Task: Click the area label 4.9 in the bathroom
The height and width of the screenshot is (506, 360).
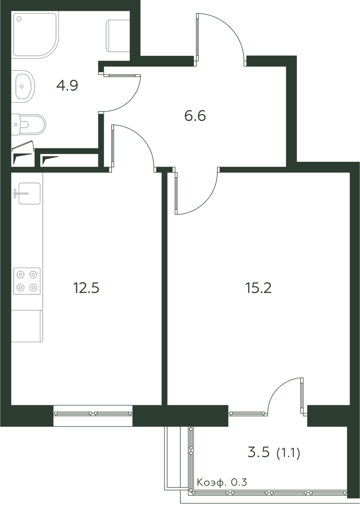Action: [x=67, y=85]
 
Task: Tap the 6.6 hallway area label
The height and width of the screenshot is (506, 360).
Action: [x=195, y=116]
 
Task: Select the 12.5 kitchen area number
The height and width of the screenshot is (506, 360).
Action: [x=86, y=288]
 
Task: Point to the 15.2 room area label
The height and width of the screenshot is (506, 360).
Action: [x=258, y=288]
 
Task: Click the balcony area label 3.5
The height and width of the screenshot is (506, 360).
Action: [x=259, y=452]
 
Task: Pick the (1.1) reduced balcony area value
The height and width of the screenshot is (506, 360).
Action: [x=288, y=453]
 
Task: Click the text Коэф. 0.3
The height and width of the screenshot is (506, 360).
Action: [x=222, y=483]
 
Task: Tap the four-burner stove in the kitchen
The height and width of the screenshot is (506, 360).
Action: [x=27, y=281]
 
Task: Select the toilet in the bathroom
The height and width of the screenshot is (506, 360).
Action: [x=28, y=125]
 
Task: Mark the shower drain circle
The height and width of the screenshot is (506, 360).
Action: [x=19, y=19]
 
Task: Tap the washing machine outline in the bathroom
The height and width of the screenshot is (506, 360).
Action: [x=118, y=36]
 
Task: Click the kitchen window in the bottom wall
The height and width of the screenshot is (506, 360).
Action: [x=93, y=414]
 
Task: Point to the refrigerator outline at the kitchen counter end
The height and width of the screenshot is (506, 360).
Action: [x=27, y=326]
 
